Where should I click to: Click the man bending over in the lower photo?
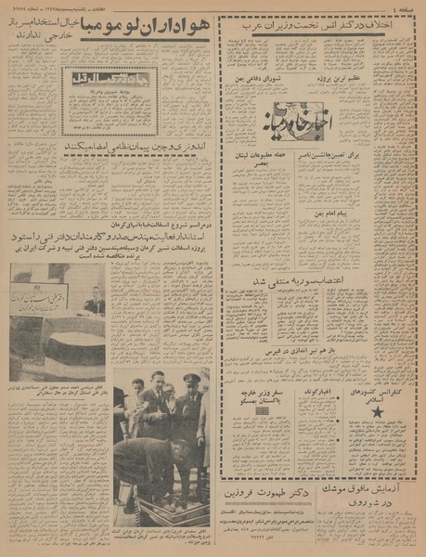point(154,464)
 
